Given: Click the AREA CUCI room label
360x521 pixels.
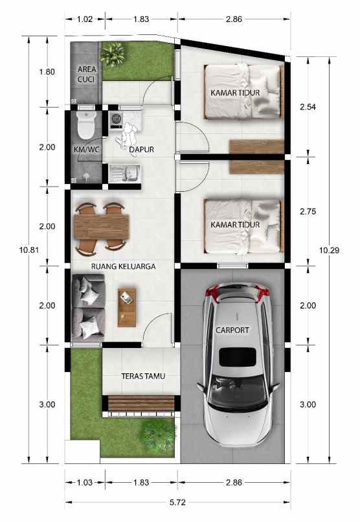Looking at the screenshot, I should pyautogui.click(x=87, y=74).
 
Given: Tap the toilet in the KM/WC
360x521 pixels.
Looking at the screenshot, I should pyautogui.click(x=85, y=125).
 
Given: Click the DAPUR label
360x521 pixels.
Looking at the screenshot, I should pyautogui.click(x=141, y=150).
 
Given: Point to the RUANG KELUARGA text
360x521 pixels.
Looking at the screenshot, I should pyautogui.click(x=123, y=266).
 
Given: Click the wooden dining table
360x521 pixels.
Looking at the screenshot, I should pyautogui.click(x=102, y=227).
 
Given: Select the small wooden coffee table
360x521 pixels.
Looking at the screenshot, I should pyautogui.click(x=127, y=306).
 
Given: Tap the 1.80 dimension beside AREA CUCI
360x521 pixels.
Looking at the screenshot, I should pyautogui.click(x=47, y=71).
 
